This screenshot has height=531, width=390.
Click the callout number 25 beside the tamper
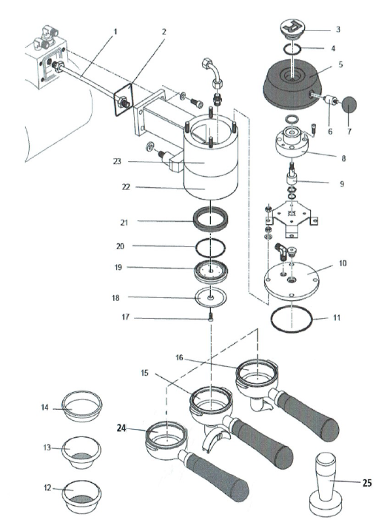coord(367,483)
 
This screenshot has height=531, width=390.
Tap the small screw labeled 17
coord(212,317)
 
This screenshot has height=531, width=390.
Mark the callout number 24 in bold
coord(127,427)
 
